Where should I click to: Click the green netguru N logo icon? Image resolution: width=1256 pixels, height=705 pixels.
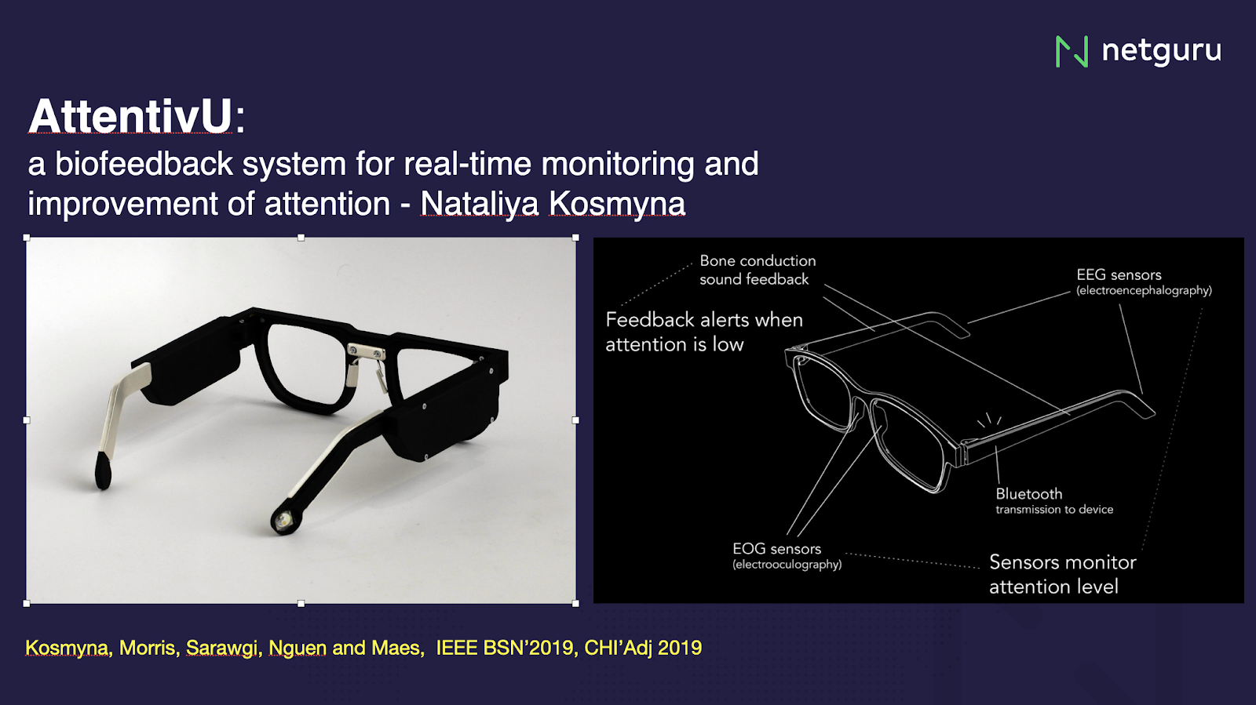click(1072, 52)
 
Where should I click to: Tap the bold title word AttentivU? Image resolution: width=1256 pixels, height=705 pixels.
click(130, 116)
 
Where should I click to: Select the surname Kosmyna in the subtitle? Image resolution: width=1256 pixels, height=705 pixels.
click(617, 202)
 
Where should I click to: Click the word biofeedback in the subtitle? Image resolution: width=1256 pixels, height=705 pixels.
click(144, 164)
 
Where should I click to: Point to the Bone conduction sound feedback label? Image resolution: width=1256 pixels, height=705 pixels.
click(758, 270)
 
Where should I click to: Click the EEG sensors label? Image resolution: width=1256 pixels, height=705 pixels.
click(1119, 275)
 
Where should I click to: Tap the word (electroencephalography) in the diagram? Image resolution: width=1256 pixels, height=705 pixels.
click(1144, 291)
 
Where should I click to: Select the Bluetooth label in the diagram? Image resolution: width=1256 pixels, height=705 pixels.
click(1029, 494)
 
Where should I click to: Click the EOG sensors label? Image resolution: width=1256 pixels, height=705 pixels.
click(776, 549)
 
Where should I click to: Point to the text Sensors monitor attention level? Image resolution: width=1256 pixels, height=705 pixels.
click(1063, 574)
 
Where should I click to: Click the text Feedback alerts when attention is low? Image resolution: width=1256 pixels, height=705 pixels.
click(704, 332)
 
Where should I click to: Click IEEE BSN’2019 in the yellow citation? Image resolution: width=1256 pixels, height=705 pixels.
click(505, 648)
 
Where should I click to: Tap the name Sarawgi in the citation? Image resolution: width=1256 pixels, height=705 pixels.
click(222, 649)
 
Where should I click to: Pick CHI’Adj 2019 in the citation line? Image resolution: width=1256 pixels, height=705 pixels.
click(643, 648)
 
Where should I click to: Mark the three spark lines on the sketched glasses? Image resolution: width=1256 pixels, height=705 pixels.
click(989, 420)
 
